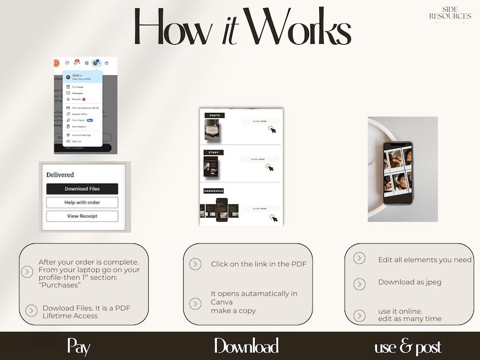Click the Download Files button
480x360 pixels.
click(82, 188)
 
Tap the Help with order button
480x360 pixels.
click(82, 202)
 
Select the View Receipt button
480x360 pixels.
click(82, 216)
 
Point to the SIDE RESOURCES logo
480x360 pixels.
click(450, 13)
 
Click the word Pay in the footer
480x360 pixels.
click(79, 346)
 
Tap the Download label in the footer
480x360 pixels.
click(246, 346)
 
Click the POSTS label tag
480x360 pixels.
click(214, 115)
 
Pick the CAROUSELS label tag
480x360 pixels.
click(214, 191)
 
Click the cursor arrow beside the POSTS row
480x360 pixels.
click(273, 129)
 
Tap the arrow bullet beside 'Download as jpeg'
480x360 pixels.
click(359, 284)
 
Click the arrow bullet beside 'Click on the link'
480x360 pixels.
click(195, 264)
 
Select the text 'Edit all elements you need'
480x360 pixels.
click(424, 260)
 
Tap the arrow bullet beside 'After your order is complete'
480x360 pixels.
click(27, 272)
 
